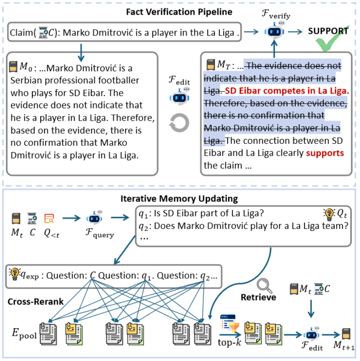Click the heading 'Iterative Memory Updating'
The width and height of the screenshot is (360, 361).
pos(179,199)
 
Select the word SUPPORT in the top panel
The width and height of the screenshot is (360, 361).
pos(328,31)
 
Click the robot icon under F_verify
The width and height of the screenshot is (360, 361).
pos(275,31)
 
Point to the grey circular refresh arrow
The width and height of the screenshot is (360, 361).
pos(180,123)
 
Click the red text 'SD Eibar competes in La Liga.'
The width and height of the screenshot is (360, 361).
pos(287,91)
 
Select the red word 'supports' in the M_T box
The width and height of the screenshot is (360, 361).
pos(325,153)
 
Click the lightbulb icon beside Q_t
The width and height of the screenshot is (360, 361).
pos(327,213)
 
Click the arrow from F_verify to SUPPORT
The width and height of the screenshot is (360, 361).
pos(296,31)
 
